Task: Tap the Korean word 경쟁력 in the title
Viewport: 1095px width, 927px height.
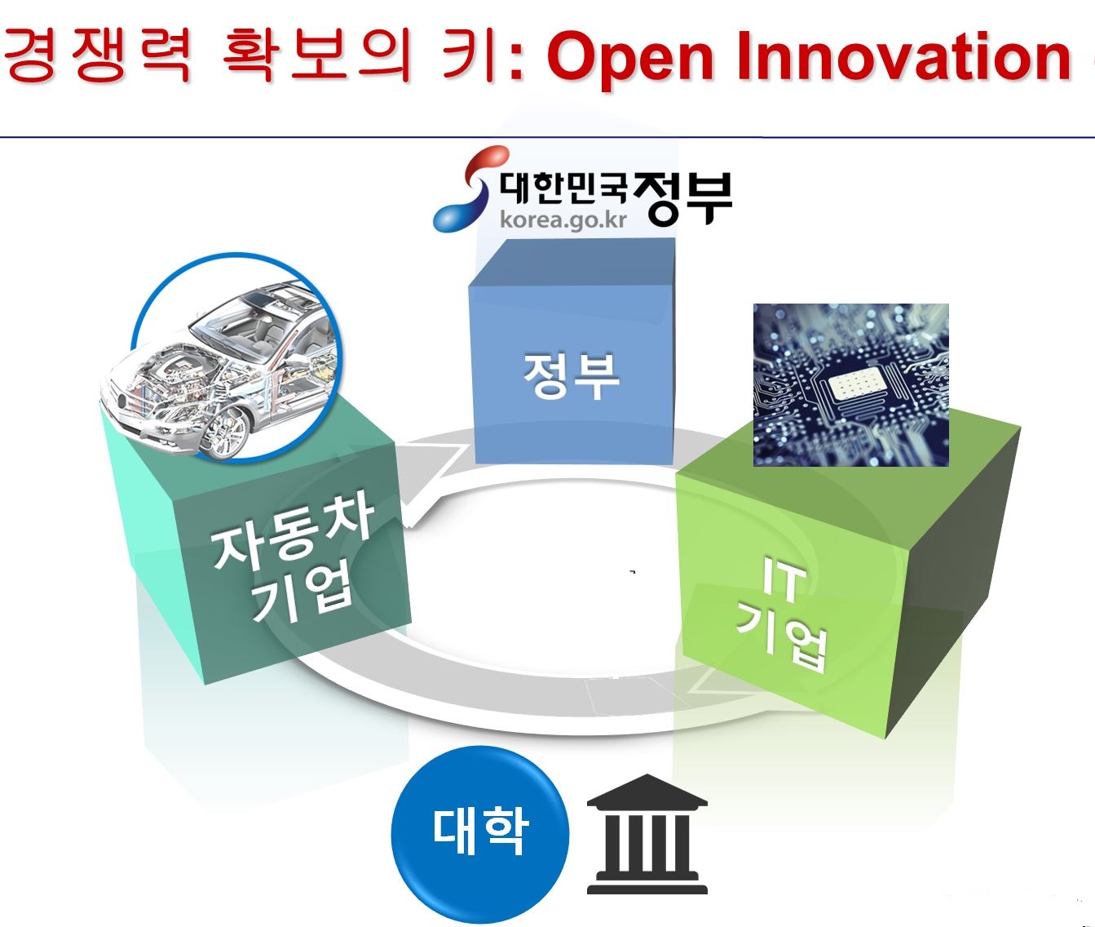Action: [x=97, y=55]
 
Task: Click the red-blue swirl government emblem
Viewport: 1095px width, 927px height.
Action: [x=468, y=189]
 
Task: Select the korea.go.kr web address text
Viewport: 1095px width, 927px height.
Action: [x=563, y=220]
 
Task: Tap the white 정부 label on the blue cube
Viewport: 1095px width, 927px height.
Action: [x=571, y=375]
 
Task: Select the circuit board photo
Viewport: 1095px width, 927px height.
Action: [x=850, y=385]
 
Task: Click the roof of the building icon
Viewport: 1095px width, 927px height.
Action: [x=647, y=791]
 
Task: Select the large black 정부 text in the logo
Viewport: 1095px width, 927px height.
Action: [x=683, y=198]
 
